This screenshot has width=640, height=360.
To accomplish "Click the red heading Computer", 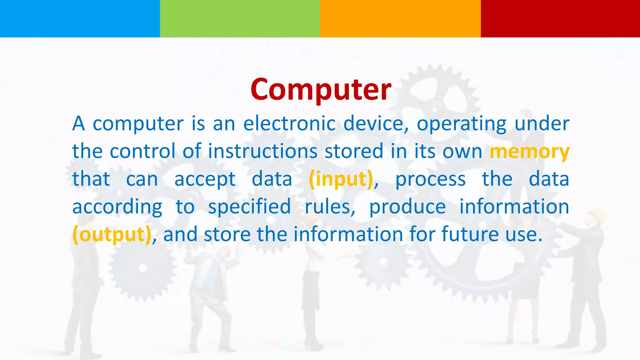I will coord(321,89).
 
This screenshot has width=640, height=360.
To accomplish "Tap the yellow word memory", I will coord(529,152).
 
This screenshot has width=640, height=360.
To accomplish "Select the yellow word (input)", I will coord(341,179).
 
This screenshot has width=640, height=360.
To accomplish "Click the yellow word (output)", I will coord(112,234).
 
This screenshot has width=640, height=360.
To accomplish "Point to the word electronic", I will coord(289,123).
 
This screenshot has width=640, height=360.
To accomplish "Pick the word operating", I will coord(461,124).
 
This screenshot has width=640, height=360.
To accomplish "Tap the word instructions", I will coord(262,151).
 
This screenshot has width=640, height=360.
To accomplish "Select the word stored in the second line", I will coord(354,151).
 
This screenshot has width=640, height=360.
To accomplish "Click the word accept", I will coord(205,180).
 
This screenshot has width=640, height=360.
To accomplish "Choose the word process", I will coord(430,180).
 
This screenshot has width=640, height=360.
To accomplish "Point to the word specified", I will coord(249,207).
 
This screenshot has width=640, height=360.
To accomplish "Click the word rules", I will coord(330,207).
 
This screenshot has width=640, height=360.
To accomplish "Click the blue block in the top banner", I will coord(80,19).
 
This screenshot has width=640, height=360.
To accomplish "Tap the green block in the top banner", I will coord(240,19).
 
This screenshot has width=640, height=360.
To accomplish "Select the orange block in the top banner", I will coord(400,19).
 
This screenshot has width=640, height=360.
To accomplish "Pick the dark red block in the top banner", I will coord(560,19).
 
